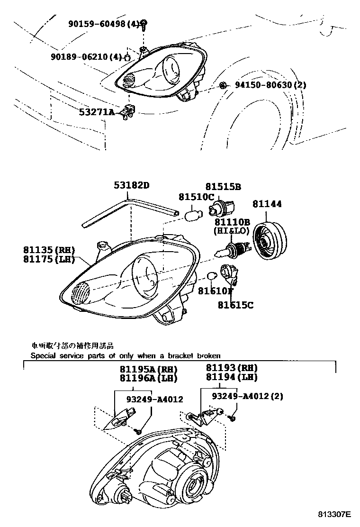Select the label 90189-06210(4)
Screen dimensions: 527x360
[x=86, y=57]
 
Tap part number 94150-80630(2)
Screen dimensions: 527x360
[x=270, y=85]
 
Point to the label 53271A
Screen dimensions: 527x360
[x=97, y=112]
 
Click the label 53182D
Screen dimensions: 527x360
[x=131, y=185]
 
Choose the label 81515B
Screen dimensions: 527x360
[x=223, y=187]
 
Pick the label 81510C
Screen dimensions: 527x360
[x=196, y=197]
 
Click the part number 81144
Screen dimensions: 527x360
[x=267, y=204]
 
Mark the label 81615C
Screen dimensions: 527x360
[x=235, y=305]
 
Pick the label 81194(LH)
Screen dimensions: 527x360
[x=232, y=377]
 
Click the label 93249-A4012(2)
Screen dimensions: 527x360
[x=247, y=396]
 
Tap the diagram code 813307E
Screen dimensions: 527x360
[x=334, y=514]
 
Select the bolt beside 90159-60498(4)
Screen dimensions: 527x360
[x=144, y=24]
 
